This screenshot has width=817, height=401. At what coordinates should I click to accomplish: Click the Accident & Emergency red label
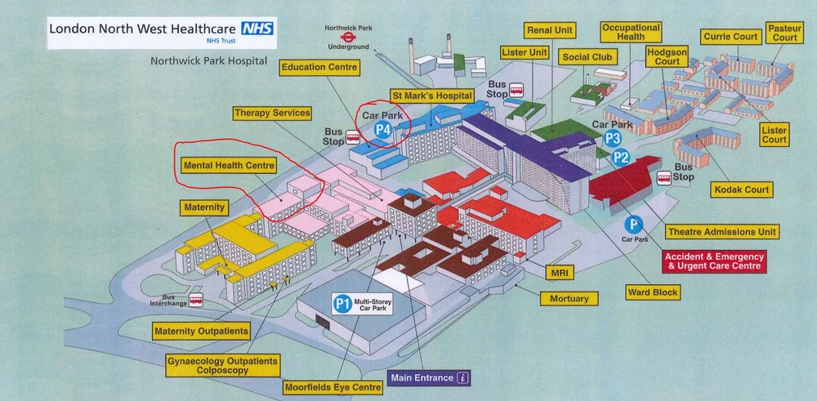[x=715, y=261]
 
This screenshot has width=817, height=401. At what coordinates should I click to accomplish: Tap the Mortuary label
[x=569, y=298]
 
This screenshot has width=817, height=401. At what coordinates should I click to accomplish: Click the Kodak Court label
[x=741, y=189]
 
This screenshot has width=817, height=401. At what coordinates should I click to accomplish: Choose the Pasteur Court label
[x=784, y=33]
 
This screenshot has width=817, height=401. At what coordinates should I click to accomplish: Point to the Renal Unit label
[x=550, y=31]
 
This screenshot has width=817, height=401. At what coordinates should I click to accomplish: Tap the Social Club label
[x=587, y=57]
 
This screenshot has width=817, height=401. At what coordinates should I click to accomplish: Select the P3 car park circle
[x=613, y=140]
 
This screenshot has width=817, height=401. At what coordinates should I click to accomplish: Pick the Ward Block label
[x=653, y=292]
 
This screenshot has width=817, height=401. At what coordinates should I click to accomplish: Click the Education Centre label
[x=319, y=67]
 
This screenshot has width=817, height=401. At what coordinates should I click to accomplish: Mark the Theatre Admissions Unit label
[x=721, y=232]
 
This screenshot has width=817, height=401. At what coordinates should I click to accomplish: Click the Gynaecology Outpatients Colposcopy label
[x=222, y=365]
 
